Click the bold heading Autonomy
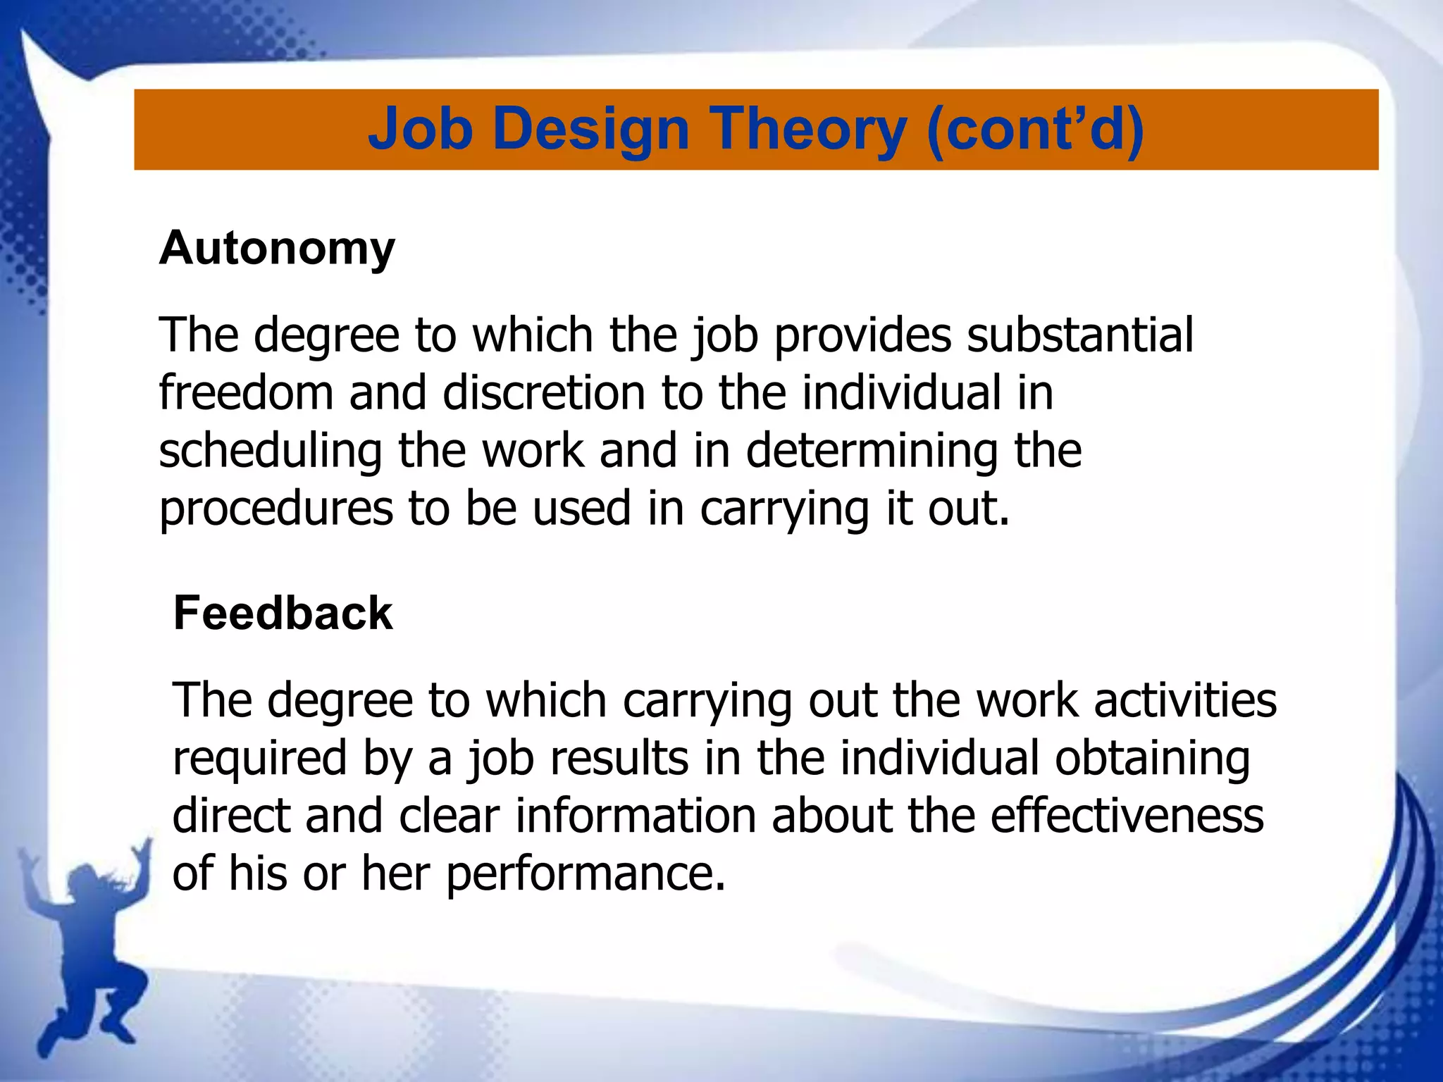coord(277,248)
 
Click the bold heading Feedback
coord(283,613)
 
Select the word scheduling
coord(271,451)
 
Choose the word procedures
coord(276,509)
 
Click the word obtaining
coord(1152,759)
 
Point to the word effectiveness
coord(1127,816)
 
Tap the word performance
coord(586,874)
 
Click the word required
coord(260,759)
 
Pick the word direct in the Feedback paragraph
coord(231,816)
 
